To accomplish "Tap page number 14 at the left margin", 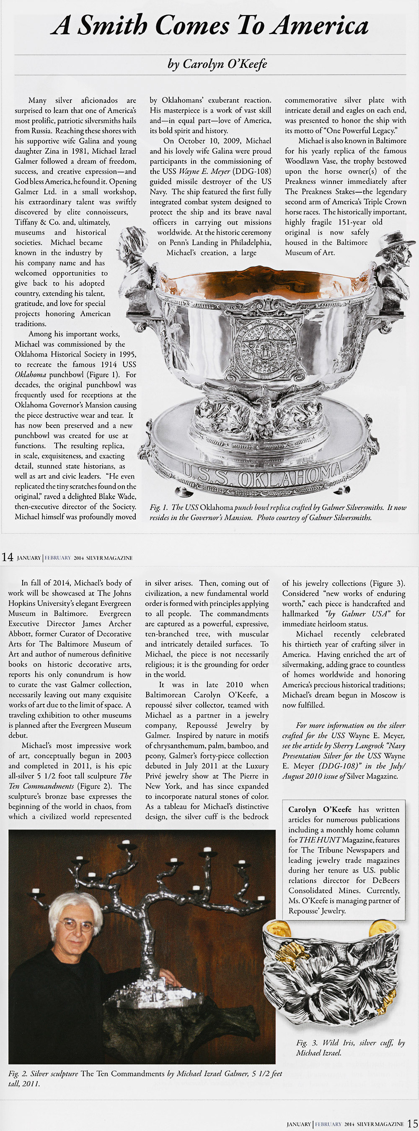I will tap(8, 557).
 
